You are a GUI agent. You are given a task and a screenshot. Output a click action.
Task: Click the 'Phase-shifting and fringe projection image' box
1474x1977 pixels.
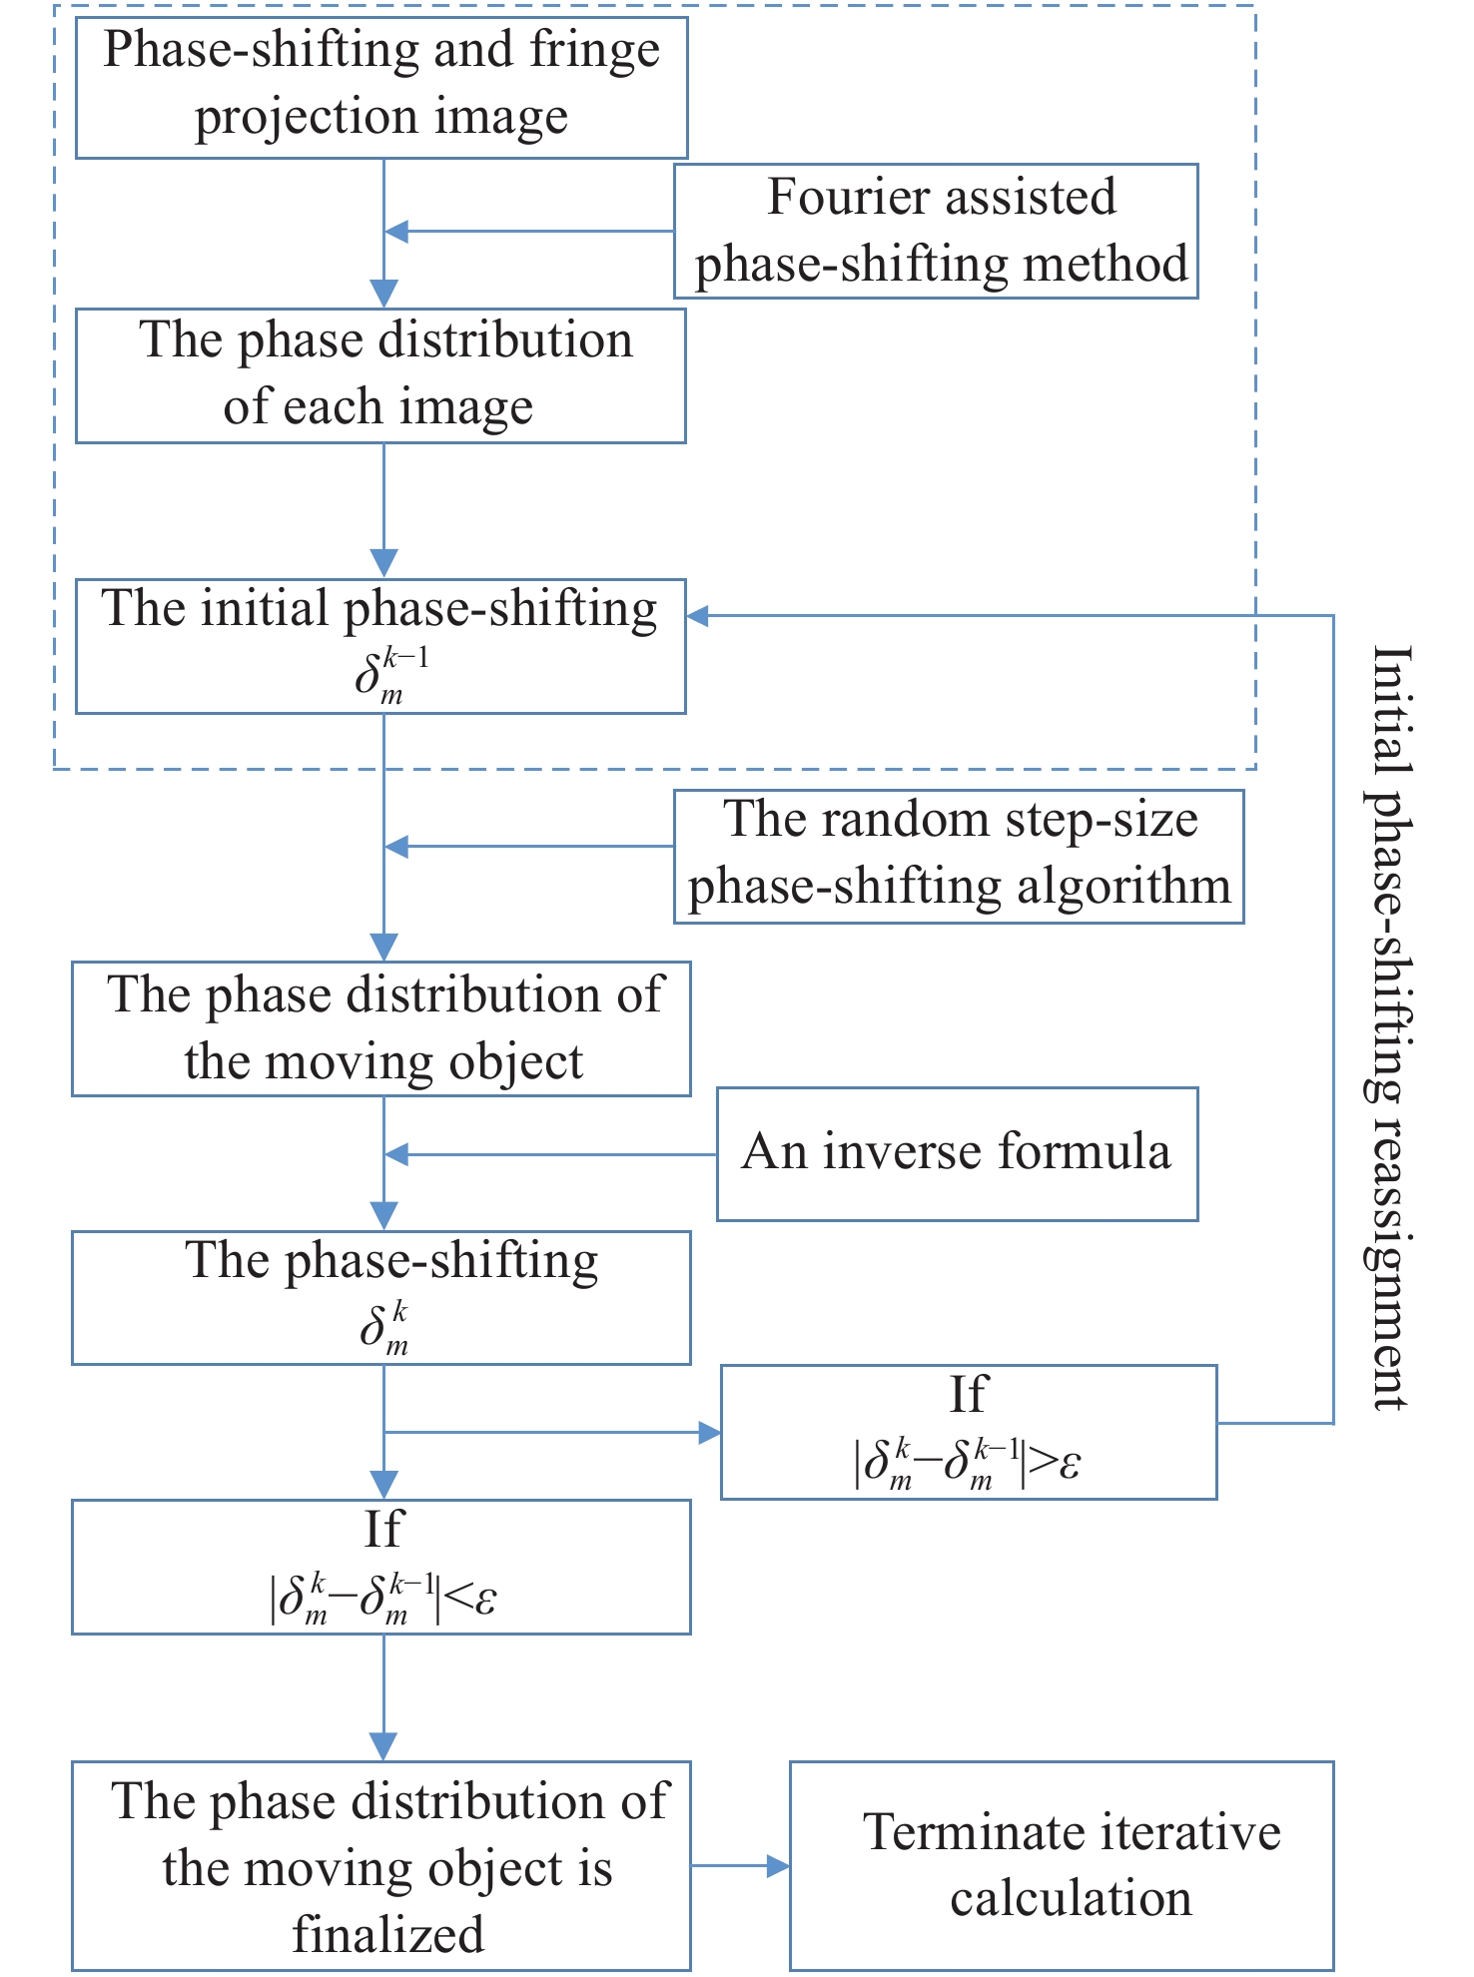click(381, 88)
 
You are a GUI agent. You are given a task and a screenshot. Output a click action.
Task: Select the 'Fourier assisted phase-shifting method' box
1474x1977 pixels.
click(936, 231)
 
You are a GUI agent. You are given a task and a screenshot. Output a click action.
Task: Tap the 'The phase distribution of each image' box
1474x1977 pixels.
click(380, 375)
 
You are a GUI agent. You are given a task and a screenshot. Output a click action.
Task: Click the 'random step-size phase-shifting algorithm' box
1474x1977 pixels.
click(959, 856)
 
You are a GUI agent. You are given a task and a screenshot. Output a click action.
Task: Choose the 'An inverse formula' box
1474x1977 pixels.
click(957, 1153)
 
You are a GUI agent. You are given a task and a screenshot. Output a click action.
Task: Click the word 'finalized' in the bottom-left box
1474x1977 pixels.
click(387, 1934)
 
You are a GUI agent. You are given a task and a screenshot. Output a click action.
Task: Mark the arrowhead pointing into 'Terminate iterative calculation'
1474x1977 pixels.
click(778, 1865)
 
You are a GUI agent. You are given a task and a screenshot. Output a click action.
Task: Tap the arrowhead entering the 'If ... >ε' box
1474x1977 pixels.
click(709, 1433)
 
